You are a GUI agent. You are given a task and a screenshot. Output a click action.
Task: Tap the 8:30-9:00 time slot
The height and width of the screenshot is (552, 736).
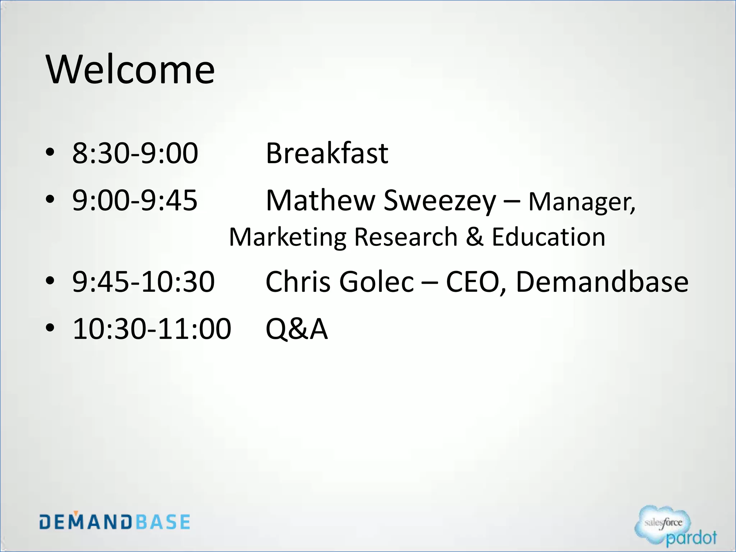(135, 153)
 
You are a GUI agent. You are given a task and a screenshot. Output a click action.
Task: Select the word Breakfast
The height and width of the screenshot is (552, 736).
(327, 153)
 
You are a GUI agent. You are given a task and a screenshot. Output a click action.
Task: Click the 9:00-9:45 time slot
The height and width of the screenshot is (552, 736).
(135, 200)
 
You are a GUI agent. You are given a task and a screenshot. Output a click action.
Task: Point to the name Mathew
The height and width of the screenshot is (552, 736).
(321, 200)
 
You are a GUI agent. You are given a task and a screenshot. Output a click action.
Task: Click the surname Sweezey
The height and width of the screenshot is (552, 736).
(440, 200)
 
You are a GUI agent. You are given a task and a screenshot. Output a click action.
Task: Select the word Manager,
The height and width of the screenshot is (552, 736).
(582, 202)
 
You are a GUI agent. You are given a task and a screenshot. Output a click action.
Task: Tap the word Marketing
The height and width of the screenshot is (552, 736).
(288, 238)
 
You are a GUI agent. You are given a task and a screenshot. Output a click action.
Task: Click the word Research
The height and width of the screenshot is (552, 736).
(406, 237)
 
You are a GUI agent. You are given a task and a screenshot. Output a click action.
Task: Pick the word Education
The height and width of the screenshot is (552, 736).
(548, 237)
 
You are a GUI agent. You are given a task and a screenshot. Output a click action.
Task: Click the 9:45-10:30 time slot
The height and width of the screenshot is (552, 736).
(143, 282)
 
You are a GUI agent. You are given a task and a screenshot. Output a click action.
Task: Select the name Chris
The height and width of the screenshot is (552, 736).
(298, 282)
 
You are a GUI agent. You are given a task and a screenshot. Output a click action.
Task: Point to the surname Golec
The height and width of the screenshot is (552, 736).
(376, 282)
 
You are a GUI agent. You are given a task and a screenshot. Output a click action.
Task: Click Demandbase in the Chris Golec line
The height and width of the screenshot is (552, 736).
(602, 282)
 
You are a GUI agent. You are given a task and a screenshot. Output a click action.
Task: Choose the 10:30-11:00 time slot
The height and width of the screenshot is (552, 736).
(152, 328)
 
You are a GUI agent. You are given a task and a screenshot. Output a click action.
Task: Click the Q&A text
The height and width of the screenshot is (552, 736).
(296, 328)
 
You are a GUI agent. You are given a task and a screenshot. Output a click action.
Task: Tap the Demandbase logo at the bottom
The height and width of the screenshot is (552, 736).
(115, 521)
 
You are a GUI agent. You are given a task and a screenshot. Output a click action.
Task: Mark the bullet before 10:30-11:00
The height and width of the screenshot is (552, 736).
(50, 328)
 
